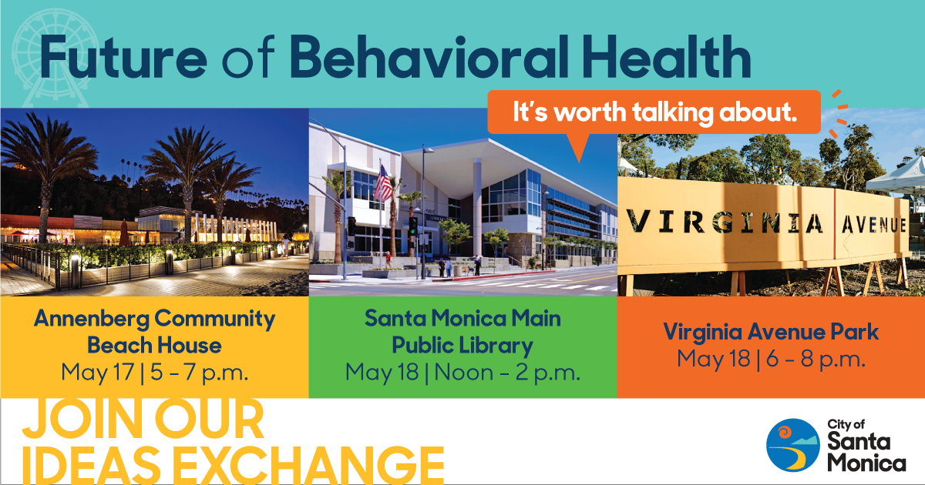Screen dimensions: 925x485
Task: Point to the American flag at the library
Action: click(383, 182)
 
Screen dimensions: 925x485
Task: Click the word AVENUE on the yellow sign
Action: click(874, 225)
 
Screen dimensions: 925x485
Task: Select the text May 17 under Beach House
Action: click(97, 373)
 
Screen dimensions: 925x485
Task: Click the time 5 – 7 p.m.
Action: click(199, 373)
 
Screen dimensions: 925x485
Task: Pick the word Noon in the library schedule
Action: click(464, 373)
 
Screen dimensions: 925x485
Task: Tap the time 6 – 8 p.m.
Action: click(816, 359)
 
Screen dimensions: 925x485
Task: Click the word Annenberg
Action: click(92, 319)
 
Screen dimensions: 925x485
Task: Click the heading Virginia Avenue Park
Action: click(771, 332)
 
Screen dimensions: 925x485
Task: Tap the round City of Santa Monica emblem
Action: click(793, 445)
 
